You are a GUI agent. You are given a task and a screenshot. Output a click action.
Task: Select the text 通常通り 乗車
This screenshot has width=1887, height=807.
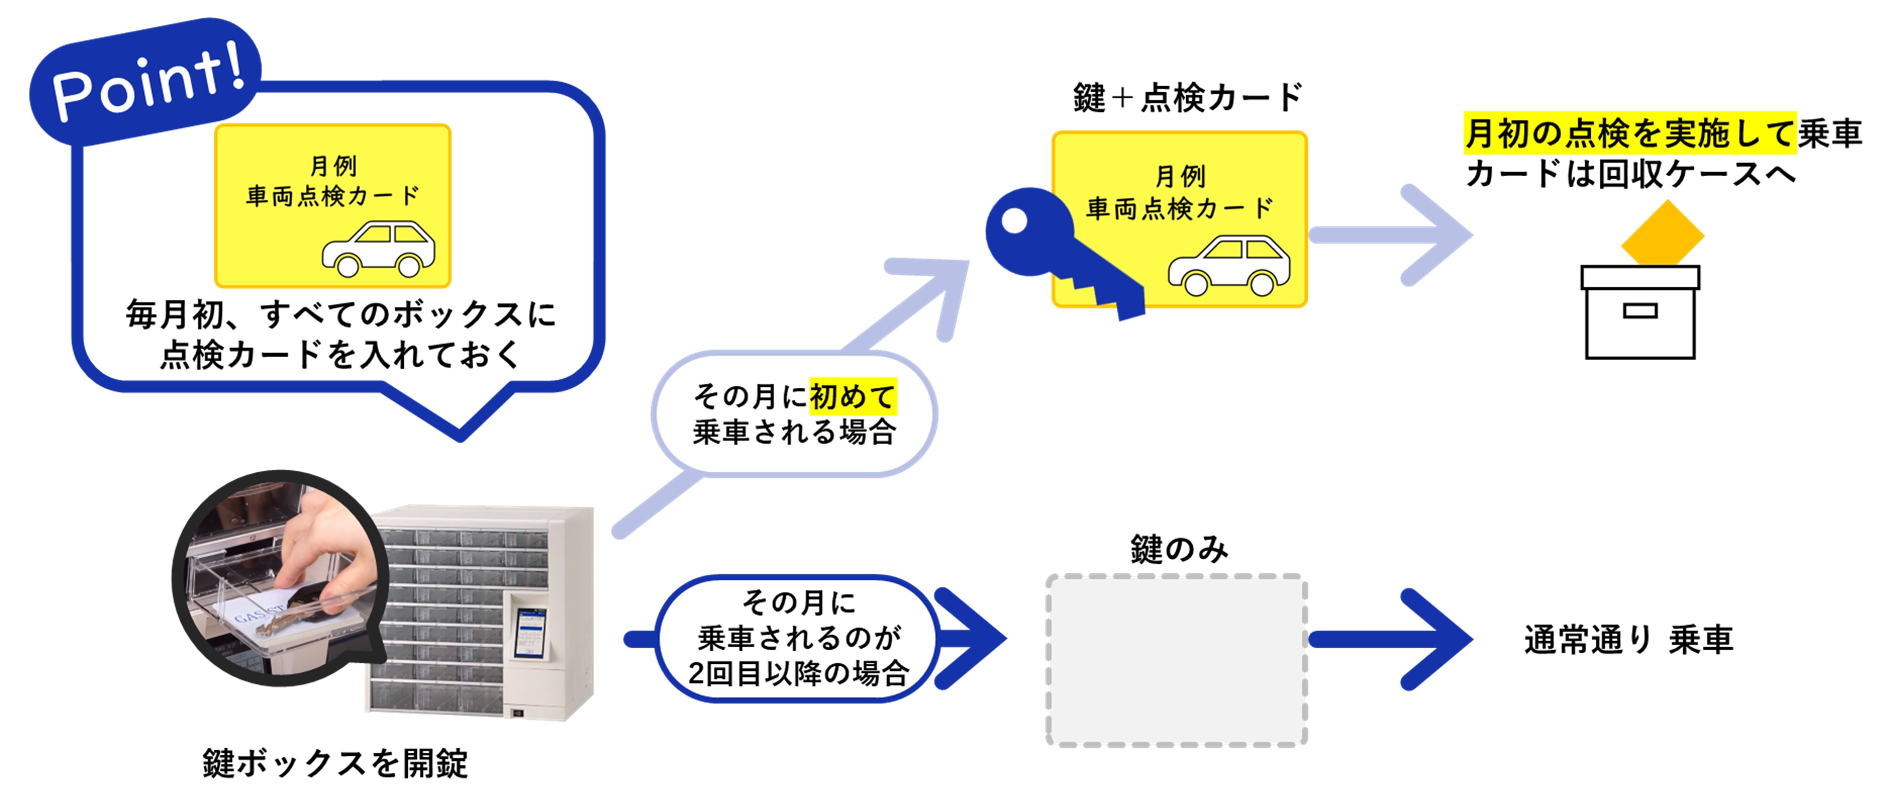(1628, 639)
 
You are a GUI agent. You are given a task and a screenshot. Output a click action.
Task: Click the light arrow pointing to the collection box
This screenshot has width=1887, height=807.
(1392, 235)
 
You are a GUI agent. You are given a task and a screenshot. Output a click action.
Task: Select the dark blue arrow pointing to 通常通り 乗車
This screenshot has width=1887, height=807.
(1392, 639)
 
